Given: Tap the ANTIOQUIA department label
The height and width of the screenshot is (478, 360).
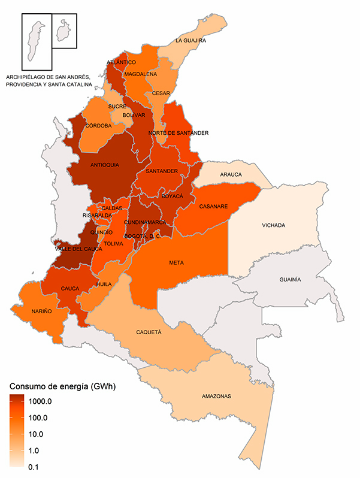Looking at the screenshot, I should pos(105,165).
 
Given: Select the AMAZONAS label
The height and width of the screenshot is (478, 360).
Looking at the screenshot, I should pos(216,397).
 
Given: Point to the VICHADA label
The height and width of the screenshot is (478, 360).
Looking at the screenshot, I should pos(274,226).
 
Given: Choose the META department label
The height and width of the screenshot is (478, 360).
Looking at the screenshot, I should pos(176,263).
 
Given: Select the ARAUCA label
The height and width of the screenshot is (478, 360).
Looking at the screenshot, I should pos(231,174).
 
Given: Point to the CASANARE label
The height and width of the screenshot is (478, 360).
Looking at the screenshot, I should pos(213,207).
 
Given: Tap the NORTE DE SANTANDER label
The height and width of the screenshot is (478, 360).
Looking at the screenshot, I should pos(179,132).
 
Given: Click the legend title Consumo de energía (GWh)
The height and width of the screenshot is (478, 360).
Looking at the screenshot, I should pos(62,386).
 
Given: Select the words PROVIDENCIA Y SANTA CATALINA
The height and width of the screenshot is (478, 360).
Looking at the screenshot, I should pos(49,85).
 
